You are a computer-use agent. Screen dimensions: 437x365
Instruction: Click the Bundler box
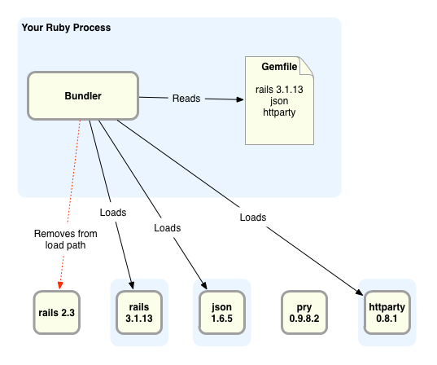point(83,96)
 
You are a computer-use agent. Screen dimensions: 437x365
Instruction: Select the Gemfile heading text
point(279,67)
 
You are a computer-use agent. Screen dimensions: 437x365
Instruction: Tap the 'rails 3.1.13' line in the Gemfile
point(279,90)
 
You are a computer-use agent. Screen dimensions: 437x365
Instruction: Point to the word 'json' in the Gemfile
point(279,101)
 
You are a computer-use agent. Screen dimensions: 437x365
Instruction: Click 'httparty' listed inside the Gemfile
point(279,112)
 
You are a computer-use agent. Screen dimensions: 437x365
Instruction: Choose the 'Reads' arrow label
point(186,99)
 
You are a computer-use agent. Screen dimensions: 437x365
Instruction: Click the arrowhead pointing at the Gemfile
point(240,99)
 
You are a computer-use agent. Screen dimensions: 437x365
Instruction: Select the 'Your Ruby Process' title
point(66,28)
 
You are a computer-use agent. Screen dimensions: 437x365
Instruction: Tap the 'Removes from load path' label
point(65,240)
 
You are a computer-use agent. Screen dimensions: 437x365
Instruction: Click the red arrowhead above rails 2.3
point(60,285)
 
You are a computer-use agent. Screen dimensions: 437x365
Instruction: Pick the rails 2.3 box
point(57,313)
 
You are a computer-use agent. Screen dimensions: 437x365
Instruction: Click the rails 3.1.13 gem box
point(139,313)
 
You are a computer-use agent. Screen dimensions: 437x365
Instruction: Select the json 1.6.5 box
point(222,313)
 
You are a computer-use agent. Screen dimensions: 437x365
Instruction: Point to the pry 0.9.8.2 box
point(304,313)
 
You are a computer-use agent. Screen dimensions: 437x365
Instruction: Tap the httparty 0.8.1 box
point(387,313)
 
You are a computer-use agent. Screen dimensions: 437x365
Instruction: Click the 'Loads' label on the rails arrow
point(113,213)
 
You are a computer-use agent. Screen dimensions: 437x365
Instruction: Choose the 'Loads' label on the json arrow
point(167,228)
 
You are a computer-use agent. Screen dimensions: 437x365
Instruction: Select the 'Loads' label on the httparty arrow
point(253,218)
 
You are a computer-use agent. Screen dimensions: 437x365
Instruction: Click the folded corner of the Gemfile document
point(307,66)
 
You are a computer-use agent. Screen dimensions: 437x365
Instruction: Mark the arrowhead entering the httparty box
point(359,292)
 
